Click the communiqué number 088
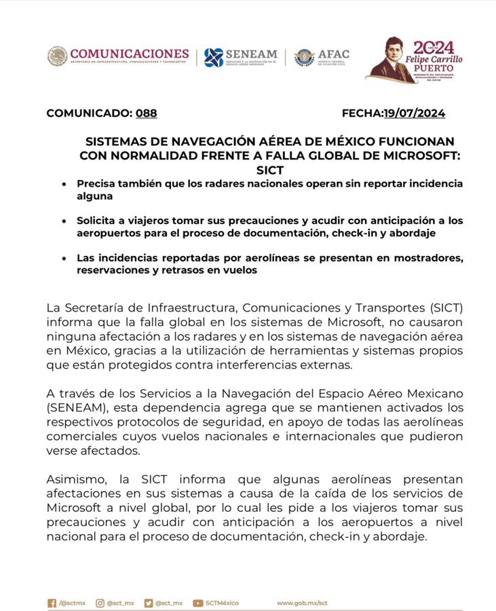point(146,113)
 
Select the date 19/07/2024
point(414,113)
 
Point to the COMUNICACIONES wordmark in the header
point(129,54)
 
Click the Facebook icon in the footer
point(52,603)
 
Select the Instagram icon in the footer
point(100,603)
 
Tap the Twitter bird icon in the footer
point(148,603)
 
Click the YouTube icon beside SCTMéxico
point(198,603)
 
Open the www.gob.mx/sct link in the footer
point(302,603)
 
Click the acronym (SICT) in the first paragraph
point(446,307)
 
